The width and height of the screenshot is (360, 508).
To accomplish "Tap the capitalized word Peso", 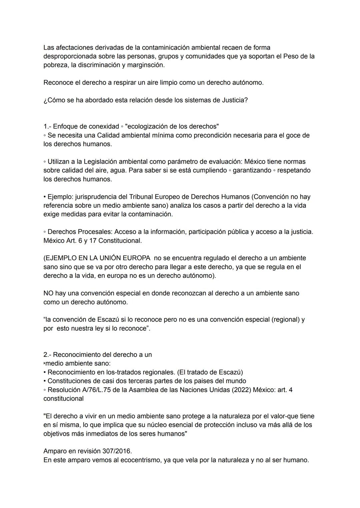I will (x=291, y=56).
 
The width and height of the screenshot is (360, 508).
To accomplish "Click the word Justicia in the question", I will (x=235, y=100).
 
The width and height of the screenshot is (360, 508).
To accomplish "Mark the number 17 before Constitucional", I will (x=93, y=241).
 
